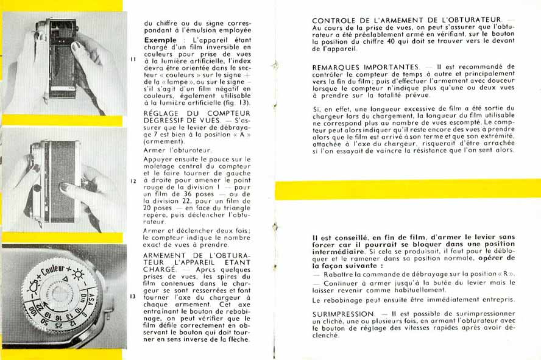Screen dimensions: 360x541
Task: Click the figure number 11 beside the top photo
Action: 133,59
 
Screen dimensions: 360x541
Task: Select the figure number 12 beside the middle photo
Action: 133,181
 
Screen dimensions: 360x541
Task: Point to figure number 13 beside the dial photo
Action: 133,297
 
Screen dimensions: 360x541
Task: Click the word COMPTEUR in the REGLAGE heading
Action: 228,113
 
